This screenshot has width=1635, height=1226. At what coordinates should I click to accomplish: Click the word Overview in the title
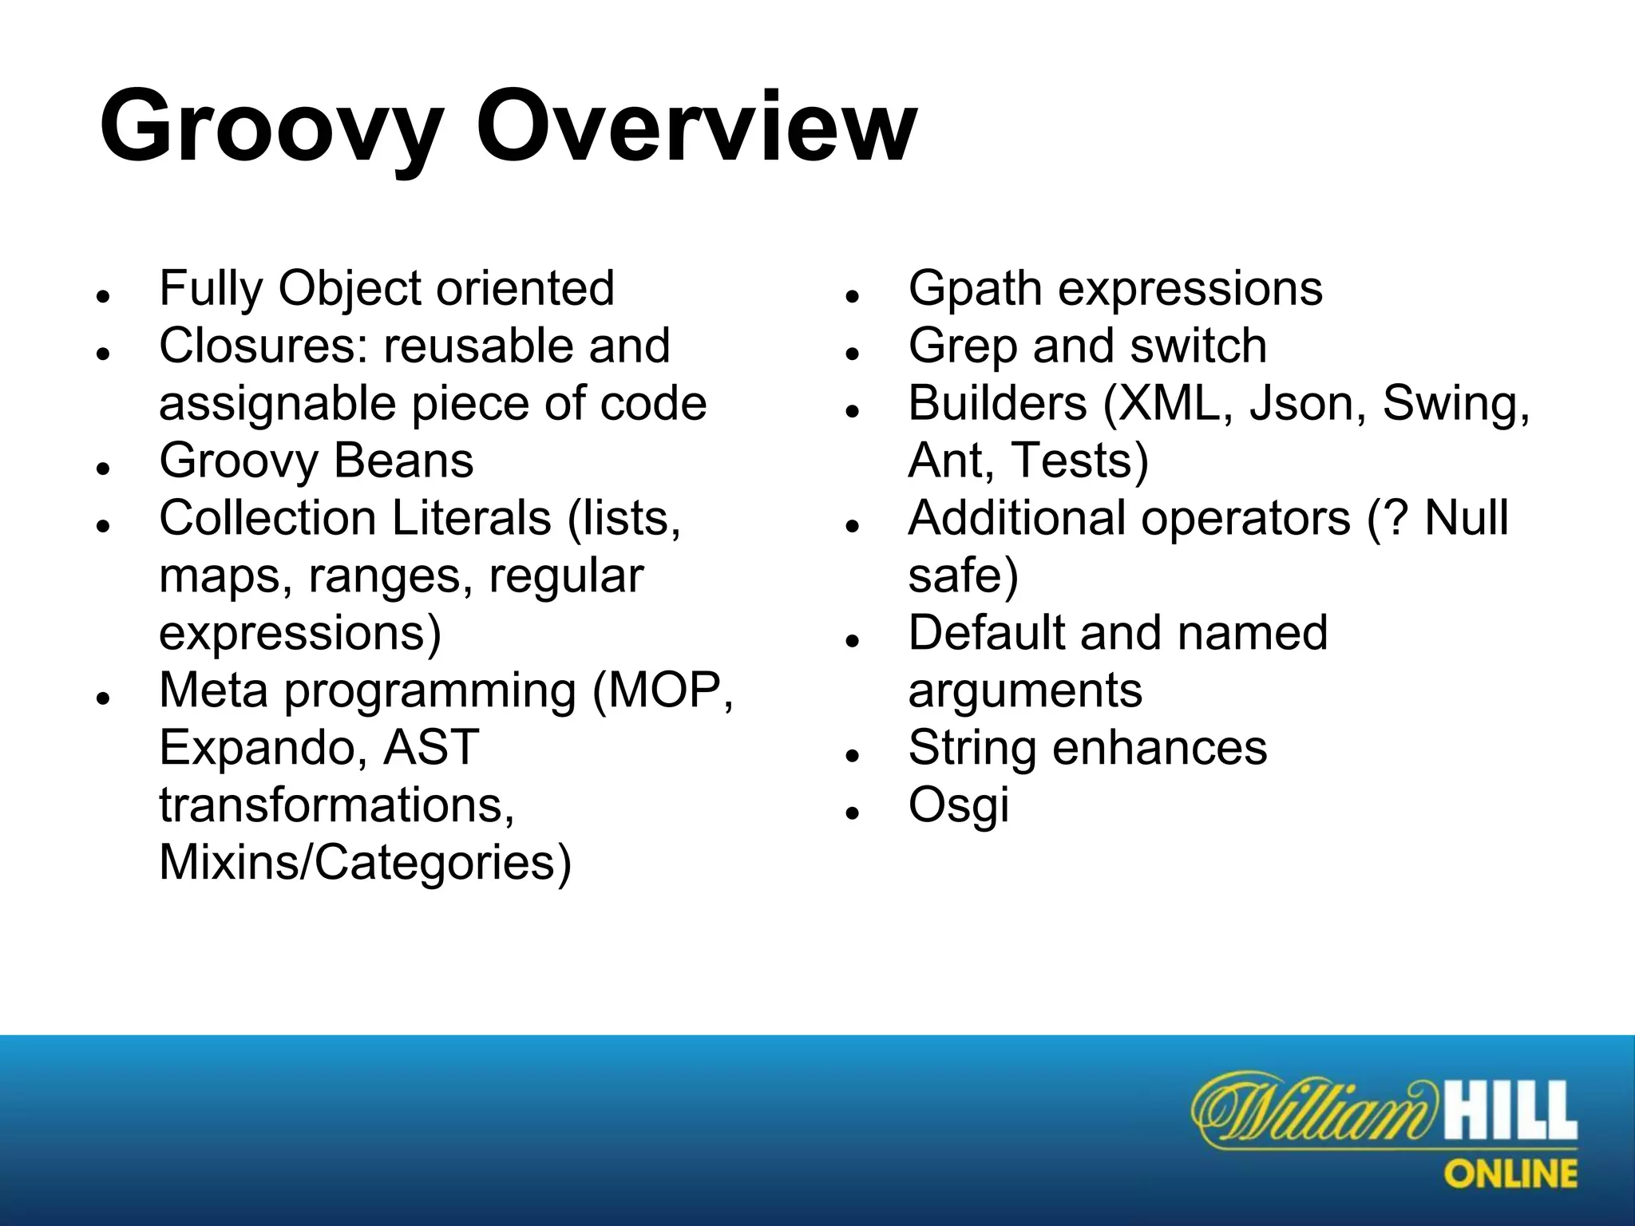(695, 128)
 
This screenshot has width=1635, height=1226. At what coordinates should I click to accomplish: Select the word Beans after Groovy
(404, 461)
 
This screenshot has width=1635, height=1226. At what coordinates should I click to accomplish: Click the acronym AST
(431, 748)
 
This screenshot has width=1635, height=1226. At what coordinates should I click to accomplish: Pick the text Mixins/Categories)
(366, 863)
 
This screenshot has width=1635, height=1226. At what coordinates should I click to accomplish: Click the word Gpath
(975, 289)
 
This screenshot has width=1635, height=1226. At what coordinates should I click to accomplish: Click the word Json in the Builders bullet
(1300, 403)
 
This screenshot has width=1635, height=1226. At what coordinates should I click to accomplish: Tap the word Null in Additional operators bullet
(1467, 518)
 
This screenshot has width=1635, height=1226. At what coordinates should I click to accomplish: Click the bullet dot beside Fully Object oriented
(101, 295)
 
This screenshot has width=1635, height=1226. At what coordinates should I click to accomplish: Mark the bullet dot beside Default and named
(851, 639)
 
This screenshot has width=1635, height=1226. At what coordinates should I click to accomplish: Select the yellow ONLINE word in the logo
(1510, 1174)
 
